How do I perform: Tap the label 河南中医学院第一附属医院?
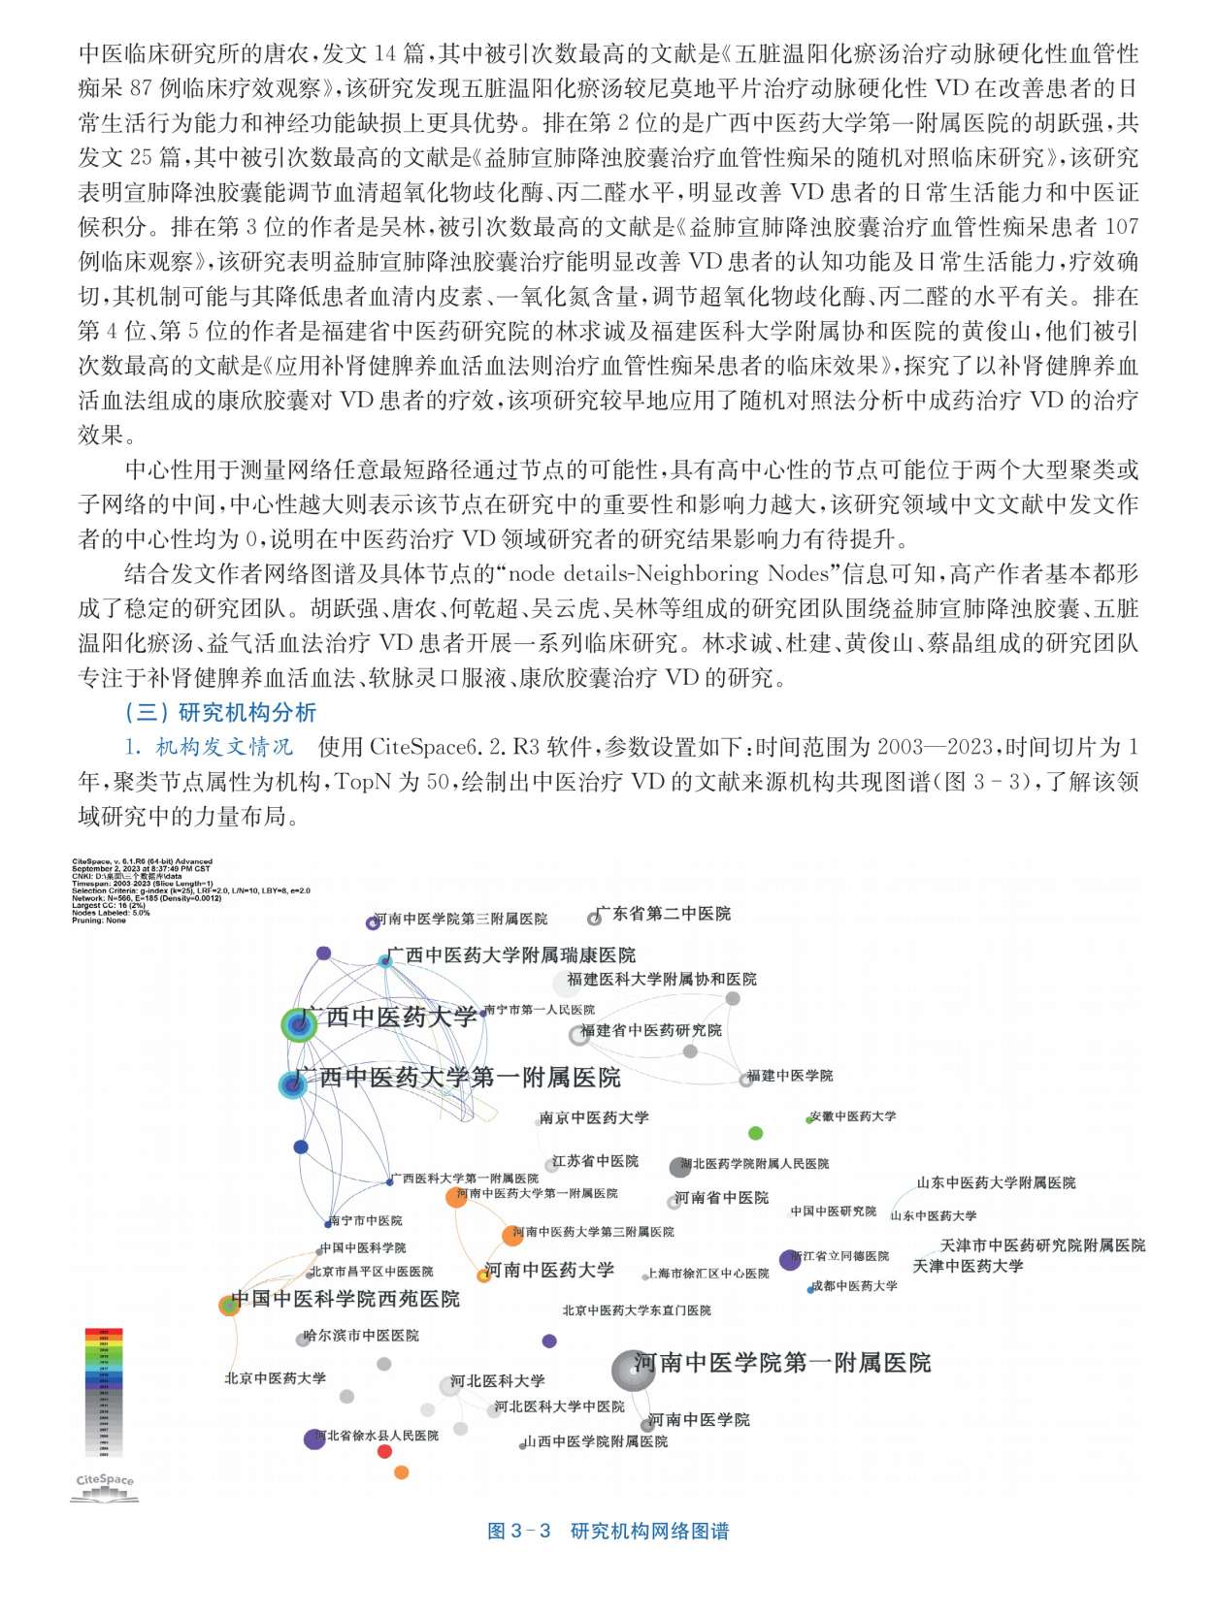tap(782, 1363)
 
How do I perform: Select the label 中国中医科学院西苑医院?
tap(345, 1299)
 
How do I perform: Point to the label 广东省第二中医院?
tap(664, 914)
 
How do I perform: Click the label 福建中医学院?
tap(790, 1076)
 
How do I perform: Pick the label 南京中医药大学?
tap(594, 1117)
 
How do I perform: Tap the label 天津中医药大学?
tap(968, 1266)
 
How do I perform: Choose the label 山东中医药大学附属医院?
tap(996, 1182)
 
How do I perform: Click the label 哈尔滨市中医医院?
tap(361, 1336)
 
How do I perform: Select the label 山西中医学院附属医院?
tap(596, 1441)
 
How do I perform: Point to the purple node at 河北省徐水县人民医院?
tap(313, 1438)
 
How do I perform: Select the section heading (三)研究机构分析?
tap(220, 713)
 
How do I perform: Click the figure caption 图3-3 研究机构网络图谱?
tap(608, 1531)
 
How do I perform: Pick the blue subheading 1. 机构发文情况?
tap(209, 747)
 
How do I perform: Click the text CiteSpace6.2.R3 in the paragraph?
tap(453, 747)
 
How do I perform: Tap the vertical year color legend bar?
tap(104, 1391)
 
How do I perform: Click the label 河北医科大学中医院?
tap(559, 1406)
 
